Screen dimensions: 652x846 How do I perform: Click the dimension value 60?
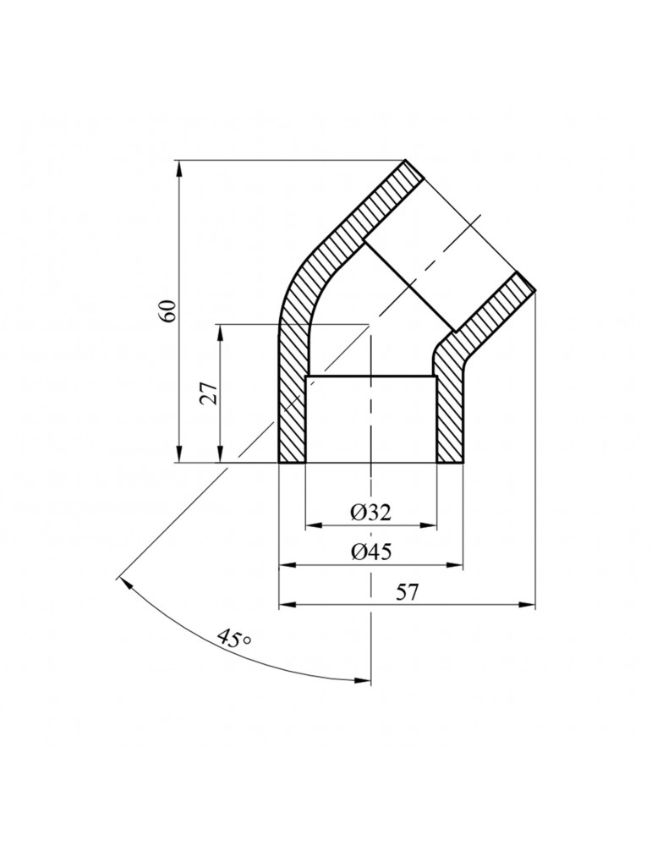[170, 310]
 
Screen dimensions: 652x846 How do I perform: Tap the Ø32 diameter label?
[370, 512]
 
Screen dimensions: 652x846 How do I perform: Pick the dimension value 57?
[408, 592]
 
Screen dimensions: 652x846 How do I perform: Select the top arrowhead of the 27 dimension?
[220, 332]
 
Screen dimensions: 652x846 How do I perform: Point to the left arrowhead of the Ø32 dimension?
[314, 525]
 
